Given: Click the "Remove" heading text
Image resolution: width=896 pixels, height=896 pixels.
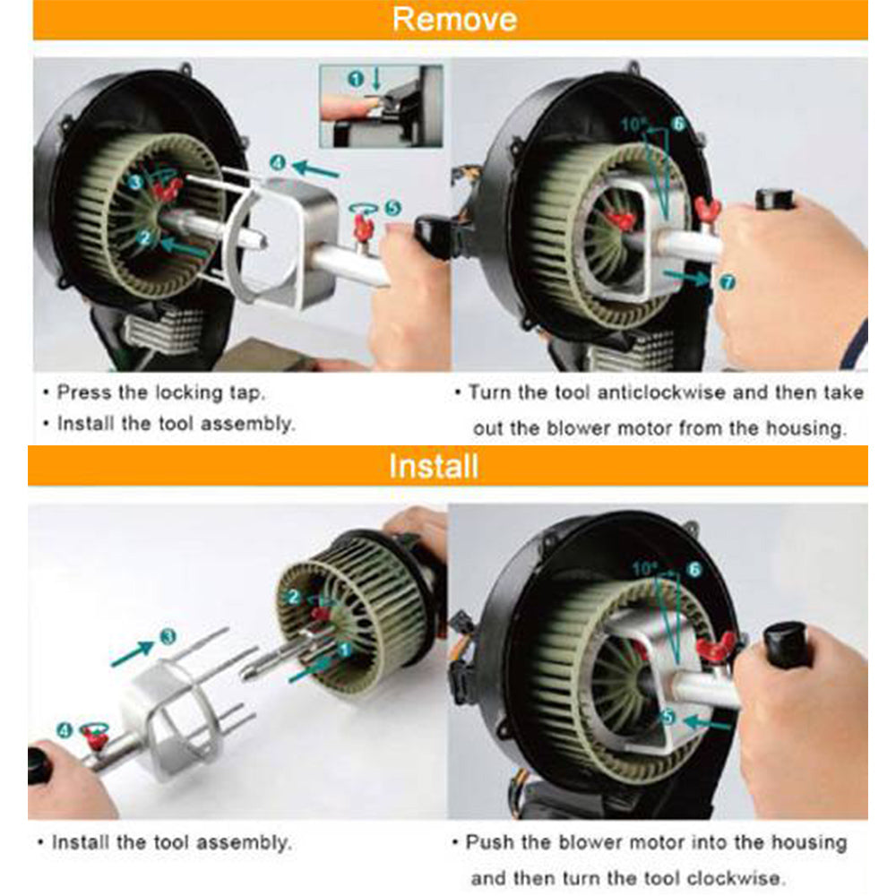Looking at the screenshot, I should click(454, 19).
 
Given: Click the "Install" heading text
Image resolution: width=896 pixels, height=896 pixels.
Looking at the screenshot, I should click(433, 466).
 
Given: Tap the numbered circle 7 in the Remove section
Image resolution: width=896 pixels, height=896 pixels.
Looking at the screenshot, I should click(727, 282).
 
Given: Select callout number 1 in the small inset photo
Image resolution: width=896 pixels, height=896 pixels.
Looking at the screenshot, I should click(356, 80).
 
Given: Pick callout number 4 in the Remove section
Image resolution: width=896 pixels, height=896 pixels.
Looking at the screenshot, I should click(278, 163).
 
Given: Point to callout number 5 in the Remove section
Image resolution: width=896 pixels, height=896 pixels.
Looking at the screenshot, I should click(392, 207).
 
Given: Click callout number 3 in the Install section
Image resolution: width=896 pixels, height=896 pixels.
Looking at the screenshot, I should click(167, 636).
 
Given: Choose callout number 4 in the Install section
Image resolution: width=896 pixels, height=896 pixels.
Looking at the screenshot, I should click(65, 730).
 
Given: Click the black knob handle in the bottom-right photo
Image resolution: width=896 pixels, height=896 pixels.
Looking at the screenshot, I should click(787, 643).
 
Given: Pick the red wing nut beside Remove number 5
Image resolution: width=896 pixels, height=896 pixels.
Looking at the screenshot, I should click(364, 228).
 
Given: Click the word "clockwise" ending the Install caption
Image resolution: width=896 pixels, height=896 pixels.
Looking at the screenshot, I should click(743, 877).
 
